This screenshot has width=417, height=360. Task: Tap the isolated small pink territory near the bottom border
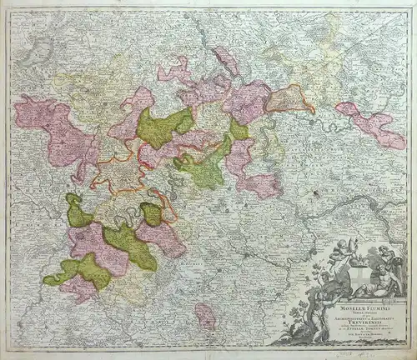coord(205,314)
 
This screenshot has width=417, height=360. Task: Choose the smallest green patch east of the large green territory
coord(239,129)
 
